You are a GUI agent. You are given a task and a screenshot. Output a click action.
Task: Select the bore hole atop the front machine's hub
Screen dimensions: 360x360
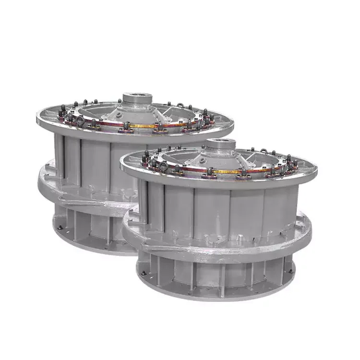click(x=221, y=141)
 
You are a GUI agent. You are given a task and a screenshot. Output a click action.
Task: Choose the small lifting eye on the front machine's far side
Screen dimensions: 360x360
click(x=263, y=150)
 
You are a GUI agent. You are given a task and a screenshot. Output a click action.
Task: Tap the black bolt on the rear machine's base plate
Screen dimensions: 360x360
click(x=58, y=227)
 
